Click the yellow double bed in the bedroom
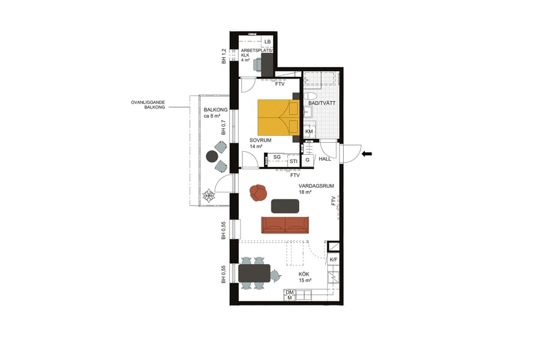pos(278,117)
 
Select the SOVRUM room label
pos(261,143)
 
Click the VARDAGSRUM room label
pos(312,189)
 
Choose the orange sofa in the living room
pos(286,225)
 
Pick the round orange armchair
pos(259,192)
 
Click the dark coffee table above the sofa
pos(285,206)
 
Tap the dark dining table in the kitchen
pos(254,274)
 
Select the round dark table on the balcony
pos(211,157)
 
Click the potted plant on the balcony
pos(209,196)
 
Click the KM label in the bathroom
pos(310,131)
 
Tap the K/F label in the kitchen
pos(334,259)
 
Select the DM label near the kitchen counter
pos(289,292)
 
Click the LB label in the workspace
pos(268,41)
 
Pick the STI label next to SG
pos(293,161)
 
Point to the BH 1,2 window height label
pos(224,56)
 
